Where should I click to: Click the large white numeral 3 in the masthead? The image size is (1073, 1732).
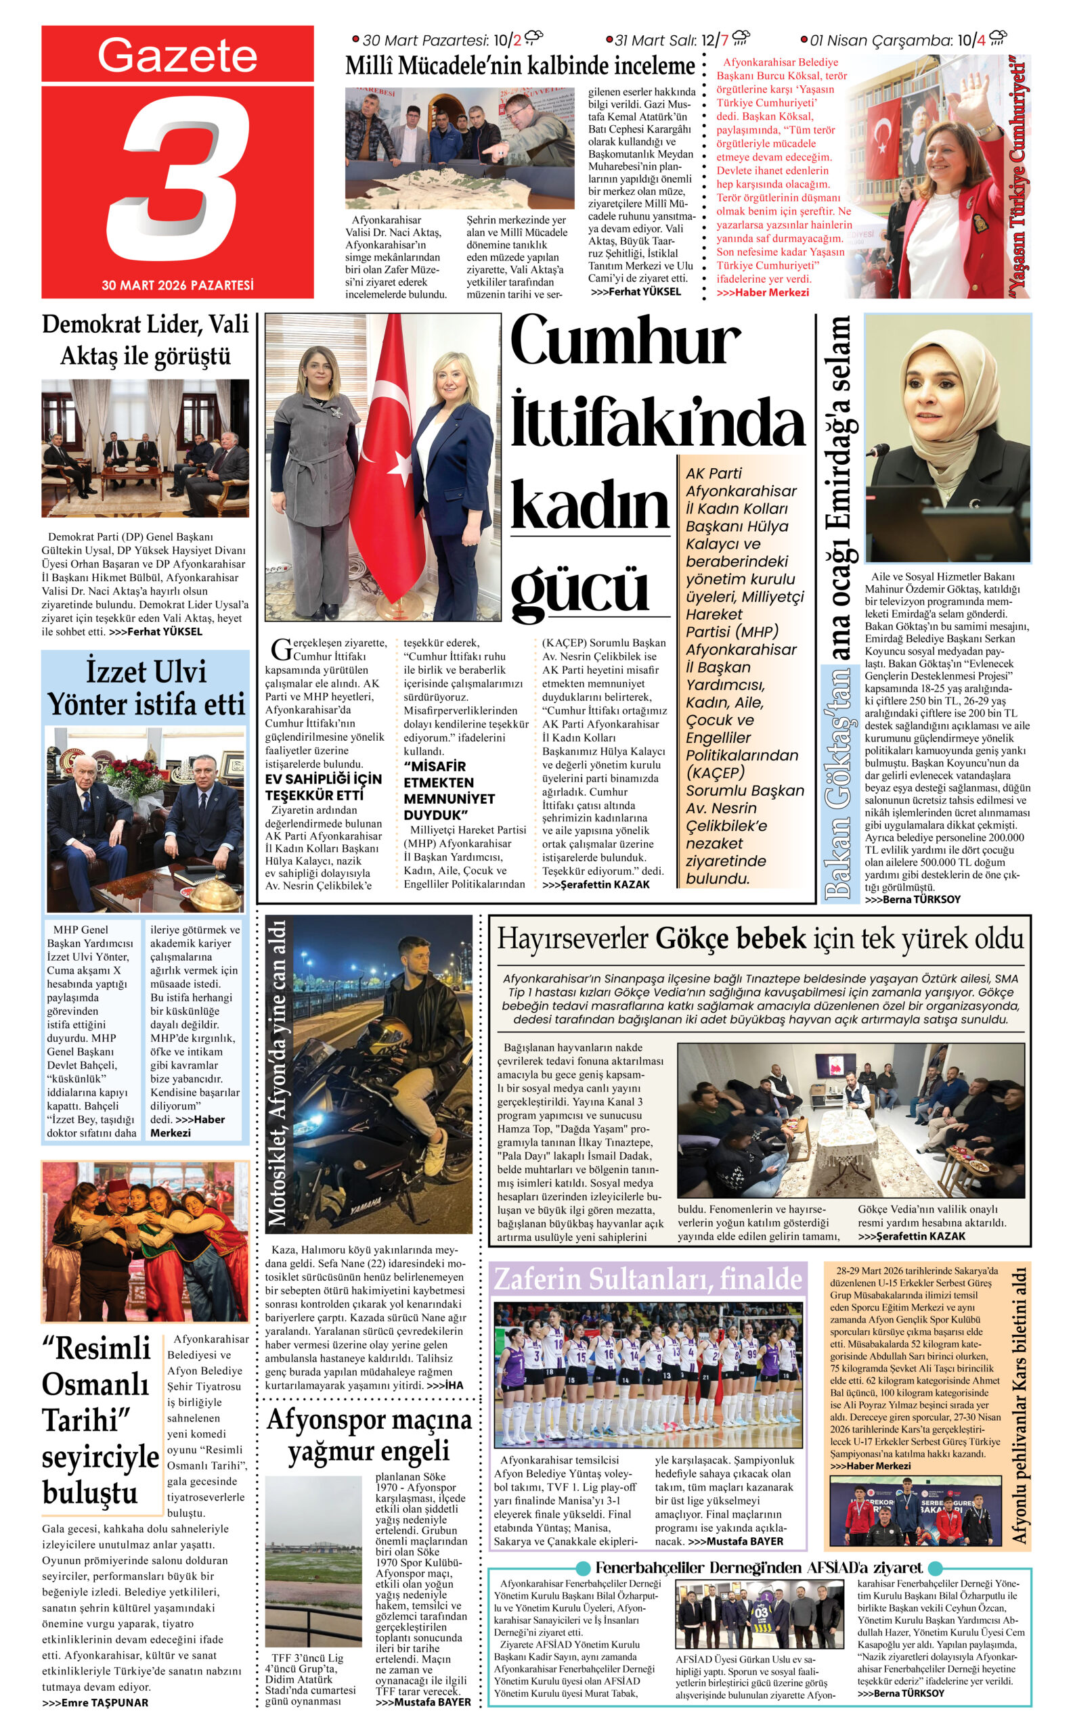[x=181, y=177]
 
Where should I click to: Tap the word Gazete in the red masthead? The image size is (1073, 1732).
[x=177, y=55]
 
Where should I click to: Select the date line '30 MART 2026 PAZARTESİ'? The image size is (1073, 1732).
[x=177, y=285]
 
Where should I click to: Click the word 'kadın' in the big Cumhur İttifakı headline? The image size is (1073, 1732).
[x=589, y=505]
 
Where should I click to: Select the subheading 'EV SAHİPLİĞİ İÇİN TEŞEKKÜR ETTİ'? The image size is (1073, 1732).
[x=323, y=787]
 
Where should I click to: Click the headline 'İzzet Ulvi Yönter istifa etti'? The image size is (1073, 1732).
[x=146, y=688]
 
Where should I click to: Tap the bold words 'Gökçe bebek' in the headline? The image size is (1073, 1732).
[x=730, y=939]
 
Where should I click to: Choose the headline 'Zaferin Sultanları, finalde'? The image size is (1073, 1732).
[x=647, y=1279]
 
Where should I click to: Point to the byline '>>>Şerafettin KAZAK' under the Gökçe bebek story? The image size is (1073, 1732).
[x=911, y=1235]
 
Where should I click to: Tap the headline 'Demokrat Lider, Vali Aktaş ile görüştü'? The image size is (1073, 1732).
[x=146, y=340]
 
